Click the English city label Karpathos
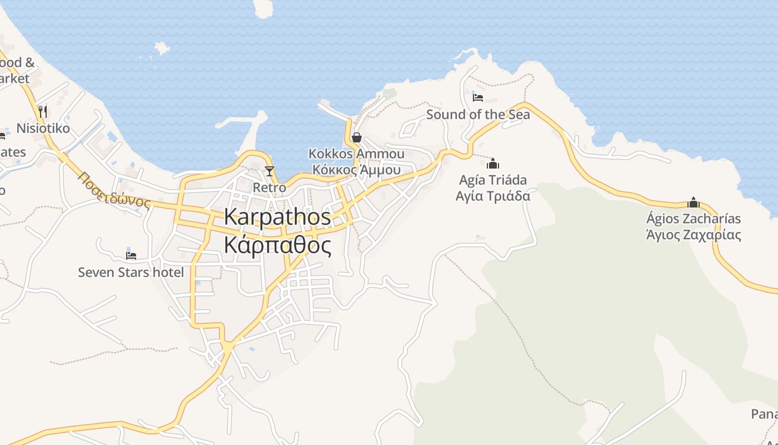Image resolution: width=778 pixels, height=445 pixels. tap(277, 217)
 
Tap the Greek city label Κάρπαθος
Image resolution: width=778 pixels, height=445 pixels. tap(277, 245)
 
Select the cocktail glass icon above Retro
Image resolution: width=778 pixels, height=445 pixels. tap(270, 171)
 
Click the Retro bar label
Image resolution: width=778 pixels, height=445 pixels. tap(270, 187)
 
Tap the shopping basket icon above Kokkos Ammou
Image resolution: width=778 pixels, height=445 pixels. tap(357, 137)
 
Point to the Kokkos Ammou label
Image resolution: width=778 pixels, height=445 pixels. tap(356, 154)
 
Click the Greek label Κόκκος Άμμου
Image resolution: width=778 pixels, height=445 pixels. tap(356, 170)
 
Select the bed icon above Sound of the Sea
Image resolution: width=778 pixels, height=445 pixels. tap(477, 98)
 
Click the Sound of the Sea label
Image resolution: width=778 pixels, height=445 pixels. tap(478, 115)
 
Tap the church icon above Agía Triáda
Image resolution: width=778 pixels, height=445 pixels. tap(493, 164)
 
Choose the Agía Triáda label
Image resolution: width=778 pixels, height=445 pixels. tap(493, 180)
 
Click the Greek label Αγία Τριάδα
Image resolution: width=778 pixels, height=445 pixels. tap(493, 196)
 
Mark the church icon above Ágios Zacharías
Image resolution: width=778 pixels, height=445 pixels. tap(694, 202)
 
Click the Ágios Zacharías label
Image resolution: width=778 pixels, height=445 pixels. tap(694, 219)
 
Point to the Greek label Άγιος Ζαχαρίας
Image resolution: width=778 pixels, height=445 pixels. tap(694, 235)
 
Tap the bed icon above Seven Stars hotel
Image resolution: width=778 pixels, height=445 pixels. tap(131, 256)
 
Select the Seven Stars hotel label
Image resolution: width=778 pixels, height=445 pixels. tap(131, 272)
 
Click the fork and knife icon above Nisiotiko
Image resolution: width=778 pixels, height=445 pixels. tap(43, 111)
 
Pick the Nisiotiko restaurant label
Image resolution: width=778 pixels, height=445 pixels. tap(43, 128)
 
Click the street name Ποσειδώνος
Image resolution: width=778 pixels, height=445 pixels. tap(114, 190)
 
